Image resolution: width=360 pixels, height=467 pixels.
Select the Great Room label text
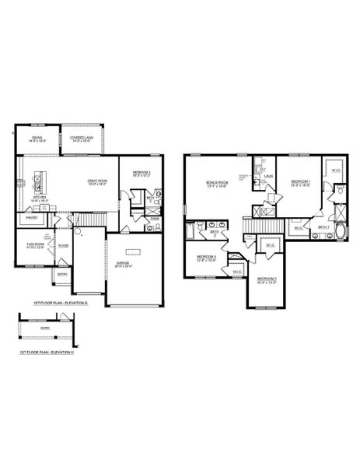96,182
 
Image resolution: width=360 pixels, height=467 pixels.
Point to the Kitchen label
38,198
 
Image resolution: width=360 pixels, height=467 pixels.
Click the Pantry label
32,219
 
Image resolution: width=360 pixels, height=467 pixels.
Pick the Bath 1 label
323,226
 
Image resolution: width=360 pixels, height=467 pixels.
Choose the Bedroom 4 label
206,258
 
